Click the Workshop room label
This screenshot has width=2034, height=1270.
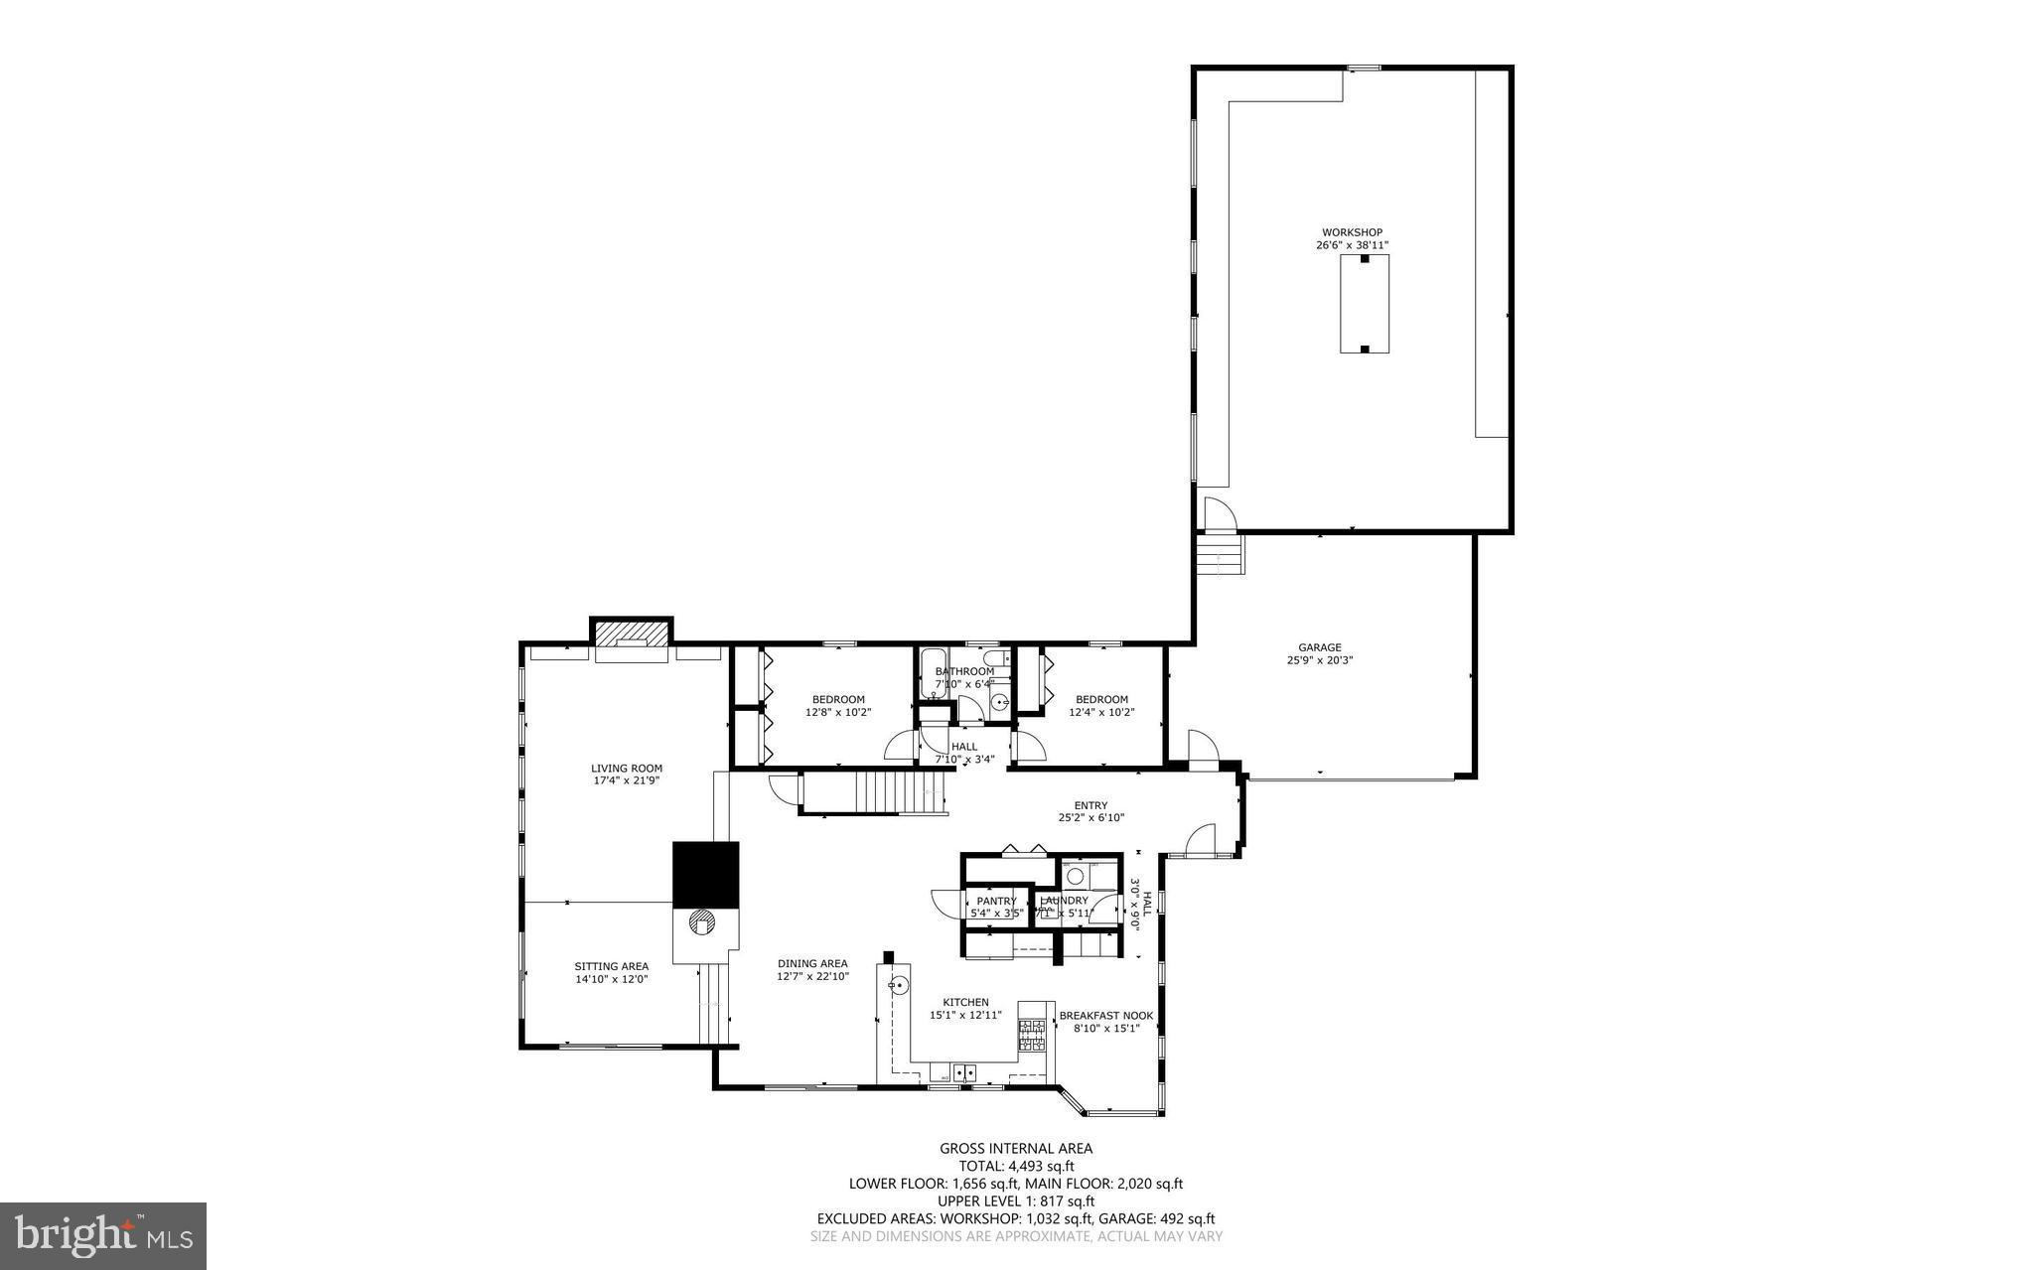click(1352, 232)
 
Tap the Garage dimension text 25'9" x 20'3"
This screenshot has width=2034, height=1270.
click(1320, 660)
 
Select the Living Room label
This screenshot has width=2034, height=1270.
click(627, 768)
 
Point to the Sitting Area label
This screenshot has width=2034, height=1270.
click(611, 966)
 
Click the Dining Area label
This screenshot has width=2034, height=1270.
click(812, 963)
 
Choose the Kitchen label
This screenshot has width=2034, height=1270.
click(965, 1002)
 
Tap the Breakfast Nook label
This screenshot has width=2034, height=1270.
click(1106, 1016)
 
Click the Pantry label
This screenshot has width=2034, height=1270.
click(996, 901)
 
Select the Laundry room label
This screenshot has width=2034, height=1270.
click(1064, 901)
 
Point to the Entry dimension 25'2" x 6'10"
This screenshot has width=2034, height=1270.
click(1090, 818)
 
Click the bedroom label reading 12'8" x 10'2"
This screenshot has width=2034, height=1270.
click(838, 712)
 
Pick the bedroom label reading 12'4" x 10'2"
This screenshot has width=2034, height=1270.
click(1101, 712)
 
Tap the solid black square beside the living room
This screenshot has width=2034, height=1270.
click(705, 875)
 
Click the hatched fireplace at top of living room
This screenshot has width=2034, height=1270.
click(631, 633)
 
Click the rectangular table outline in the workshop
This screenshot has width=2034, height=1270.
click(1365, 304)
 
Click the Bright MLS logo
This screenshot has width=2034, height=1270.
click(103, 1235)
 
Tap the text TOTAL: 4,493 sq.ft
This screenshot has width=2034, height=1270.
click(1016, 1167)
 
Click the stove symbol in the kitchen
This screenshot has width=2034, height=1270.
click(1032, 1035)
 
